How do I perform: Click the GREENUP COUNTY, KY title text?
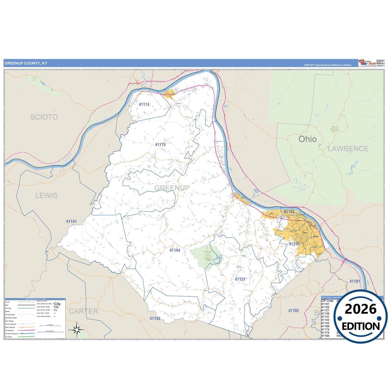coord(26,63)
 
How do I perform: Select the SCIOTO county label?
coord(44,117)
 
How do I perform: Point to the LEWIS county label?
coord(46,195)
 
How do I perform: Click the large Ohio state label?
coord(307,139)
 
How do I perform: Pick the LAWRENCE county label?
coord(348,149)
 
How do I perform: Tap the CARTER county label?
coord(84,311)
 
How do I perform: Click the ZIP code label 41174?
coord(144,104)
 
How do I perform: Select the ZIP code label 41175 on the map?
coord(160,145)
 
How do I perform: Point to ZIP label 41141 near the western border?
coord(71,222)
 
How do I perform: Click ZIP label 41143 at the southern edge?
coord(155,318)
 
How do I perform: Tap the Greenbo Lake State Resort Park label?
coord(208,256)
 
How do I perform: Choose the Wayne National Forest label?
coord(335,129)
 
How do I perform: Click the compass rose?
coord(77,329)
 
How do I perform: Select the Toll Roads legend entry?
coord(9,337)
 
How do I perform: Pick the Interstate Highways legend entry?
coord(11,334)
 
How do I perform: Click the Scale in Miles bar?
coord(50,326)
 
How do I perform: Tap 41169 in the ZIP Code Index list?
coord(325,326)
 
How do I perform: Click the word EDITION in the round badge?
coord(361,326)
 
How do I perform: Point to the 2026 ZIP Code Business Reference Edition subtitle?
coord(327,65)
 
